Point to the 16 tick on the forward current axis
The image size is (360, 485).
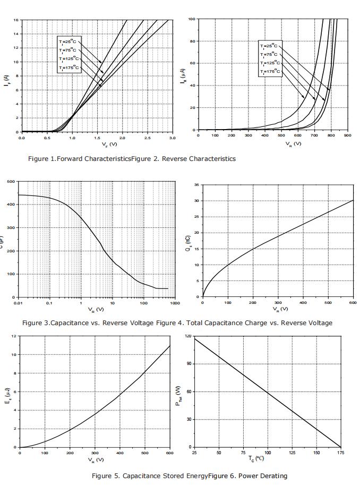point(16,20)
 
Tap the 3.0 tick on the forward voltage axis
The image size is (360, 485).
point(172,138)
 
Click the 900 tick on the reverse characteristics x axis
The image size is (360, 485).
point(348,135)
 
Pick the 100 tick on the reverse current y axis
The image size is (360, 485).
point(191,19)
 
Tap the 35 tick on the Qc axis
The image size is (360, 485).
point(196,185)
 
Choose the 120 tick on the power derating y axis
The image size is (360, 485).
point(187,336)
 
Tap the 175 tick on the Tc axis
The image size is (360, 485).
point(340,453)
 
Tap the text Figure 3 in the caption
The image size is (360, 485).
point(35,322)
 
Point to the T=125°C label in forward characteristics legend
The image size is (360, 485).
point(70,58)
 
